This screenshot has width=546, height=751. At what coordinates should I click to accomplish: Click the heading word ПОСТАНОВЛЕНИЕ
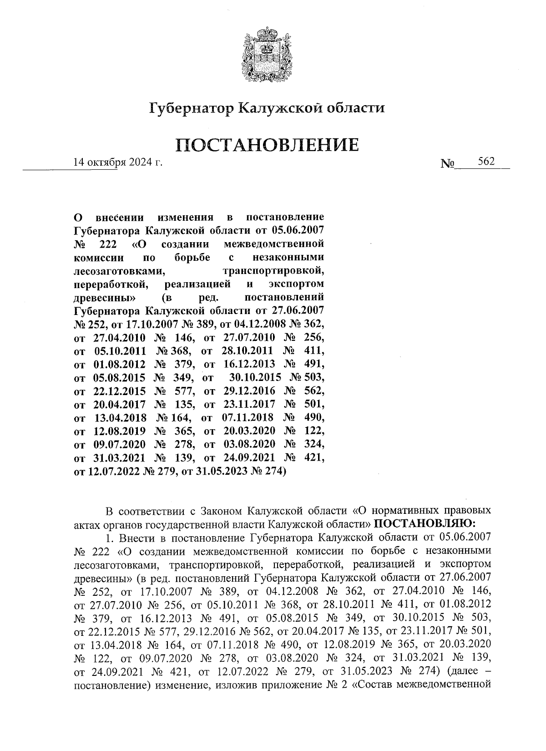click(267, 146)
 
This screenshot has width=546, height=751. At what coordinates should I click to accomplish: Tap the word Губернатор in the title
click(191, 108)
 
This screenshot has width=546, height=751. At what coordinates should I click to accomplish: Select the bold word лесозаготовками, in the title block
click(119, 271)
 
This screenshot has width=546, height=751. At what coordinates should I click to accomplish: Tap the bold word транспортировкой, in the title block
click(274, 271)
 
